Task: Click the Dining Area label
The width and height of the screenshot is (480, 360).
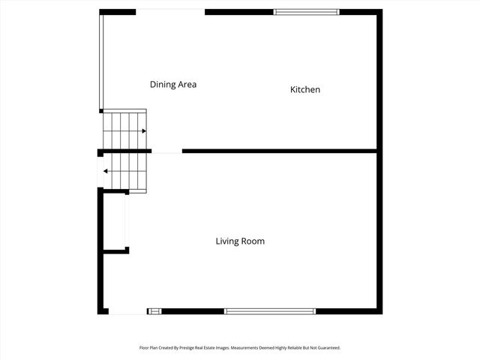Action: tap(173, 85)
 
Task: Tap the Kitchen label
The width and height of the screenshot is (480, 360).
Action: tap(305, 90)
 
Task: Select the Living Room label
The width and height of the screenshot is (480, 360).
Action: tap(240, 241)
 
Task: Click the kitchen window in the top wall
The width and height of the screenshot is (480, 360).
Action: tap(306, 12)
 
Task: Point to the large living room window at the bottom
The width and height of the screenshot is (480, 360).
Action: tap(270, 311)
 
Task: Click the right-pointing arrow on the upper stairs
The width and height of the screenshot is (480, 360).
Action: tap(142, 130)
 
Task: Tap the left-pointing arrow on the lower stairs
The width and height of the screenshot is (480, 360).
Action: tap(106, 172)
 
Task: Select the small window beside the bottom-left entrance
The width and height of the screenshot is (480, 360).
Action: tap(154, 311)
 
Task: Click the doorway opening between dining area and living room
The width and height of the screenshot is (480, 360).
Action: tap(166, 151)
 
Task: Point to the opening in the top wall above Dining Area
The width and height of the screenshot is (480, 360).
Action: tap(170, 11)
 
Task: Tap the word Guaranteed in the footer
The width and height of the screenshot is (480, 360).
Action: tap(325, 348)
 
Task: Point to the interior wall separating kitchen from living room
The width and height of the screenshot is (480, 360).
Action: tap(278, 151)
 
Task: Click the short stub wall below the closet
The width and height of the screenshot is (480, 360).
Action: tap(115, 250)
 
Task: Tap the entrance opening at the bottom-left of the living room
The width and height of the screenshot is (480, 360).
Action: tap(127, 312)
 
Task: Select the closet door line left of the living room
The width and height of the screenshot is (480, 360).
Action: tap(126, 220)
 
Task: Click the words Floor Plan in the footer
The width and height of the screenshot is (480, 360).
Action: tap(150, 348)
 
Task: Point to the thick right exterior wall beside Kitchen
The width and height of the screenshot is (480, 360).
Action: tap(379, 82)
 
